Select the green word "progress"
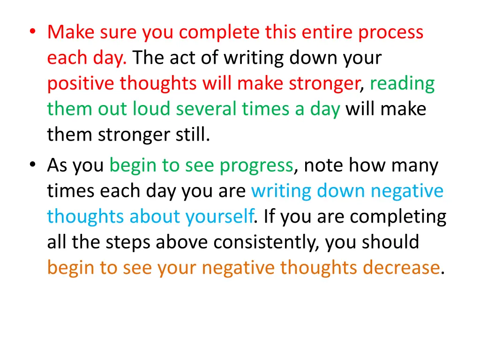point(257,165)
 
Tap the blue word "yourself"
point(220,217)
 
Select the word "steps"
point(128,242)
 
